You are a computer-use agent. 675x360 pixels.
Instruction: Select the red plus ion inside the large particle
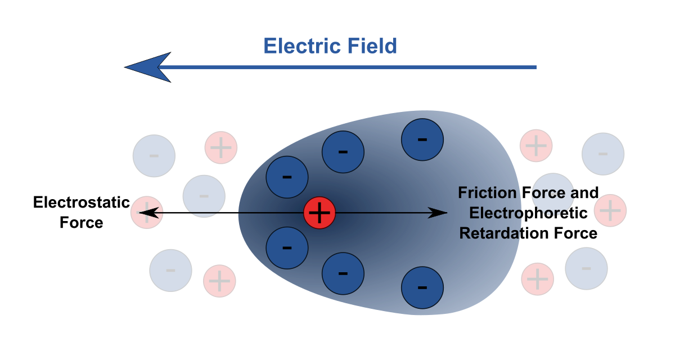[319, 213]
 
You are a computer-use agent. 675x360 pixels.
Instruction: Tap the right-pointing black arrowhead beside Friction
[438, 213]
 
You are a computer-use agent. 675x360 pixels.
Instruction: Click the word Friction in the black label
[487, 193]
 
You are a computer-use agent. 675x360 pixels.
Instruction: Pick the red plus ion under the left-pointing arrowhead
[147, 213]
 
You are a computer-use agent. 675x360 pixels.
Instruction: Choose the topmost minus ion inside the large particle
[422, 139]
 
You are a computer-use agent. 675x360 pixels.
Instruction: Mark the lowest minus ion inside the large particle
[422, 287]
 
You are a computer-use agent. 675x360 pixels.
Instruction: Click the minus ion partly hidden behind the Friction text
[552, 194]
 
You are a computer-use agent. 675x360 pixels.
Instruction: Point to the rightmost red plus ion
[610, 211]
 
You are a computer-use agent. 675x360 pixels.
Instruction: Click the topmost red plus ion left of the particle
[221, 148]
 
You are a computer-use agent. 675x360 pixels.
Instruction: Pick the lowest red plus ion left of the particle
[219, 281]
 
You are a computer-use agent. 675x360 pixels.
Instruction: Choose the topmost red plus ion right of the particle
[536, 146]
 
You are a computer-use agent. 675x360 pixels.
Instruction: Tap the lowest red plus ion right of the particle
[538, 279]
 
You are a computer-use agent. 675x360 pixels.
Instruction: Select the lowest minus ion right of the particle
[586, 269]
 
